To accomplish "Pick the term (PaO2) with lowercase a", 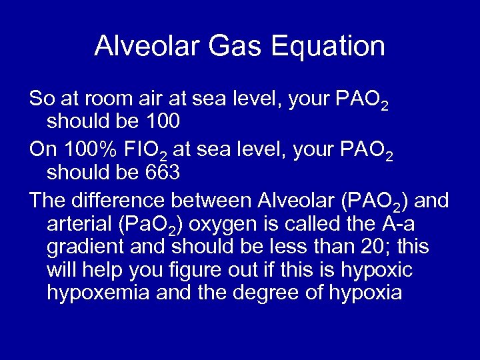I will (149, 224).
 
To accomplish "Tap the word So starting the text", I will (42, 99).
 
